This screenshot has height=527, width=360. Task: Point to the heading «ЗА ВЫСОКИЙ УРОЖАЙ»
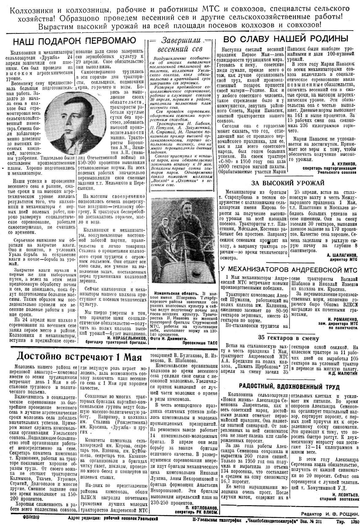[x=288, y=183]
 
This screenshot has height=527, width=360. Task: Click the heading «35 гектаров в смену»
[x=288, y=338]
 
